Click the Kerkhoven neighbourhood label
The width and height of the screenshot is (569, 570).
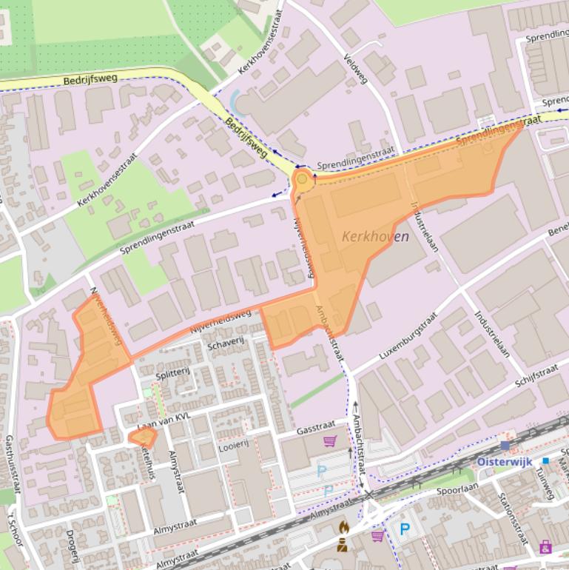(x=375, y=237)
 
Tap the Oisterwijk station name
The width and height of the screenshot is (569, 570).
(x=504, y=460)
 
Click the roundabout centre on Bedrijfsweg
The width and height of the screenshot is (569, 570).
(x=302, y=179)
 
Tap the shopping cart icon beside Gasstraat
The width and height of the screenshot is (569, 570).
(x=329, y=441)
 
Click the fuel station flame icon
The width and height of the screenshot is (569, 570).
(x=343, y=527)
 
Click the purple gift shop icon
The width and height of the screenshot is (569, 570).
(x=545, y=547)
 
